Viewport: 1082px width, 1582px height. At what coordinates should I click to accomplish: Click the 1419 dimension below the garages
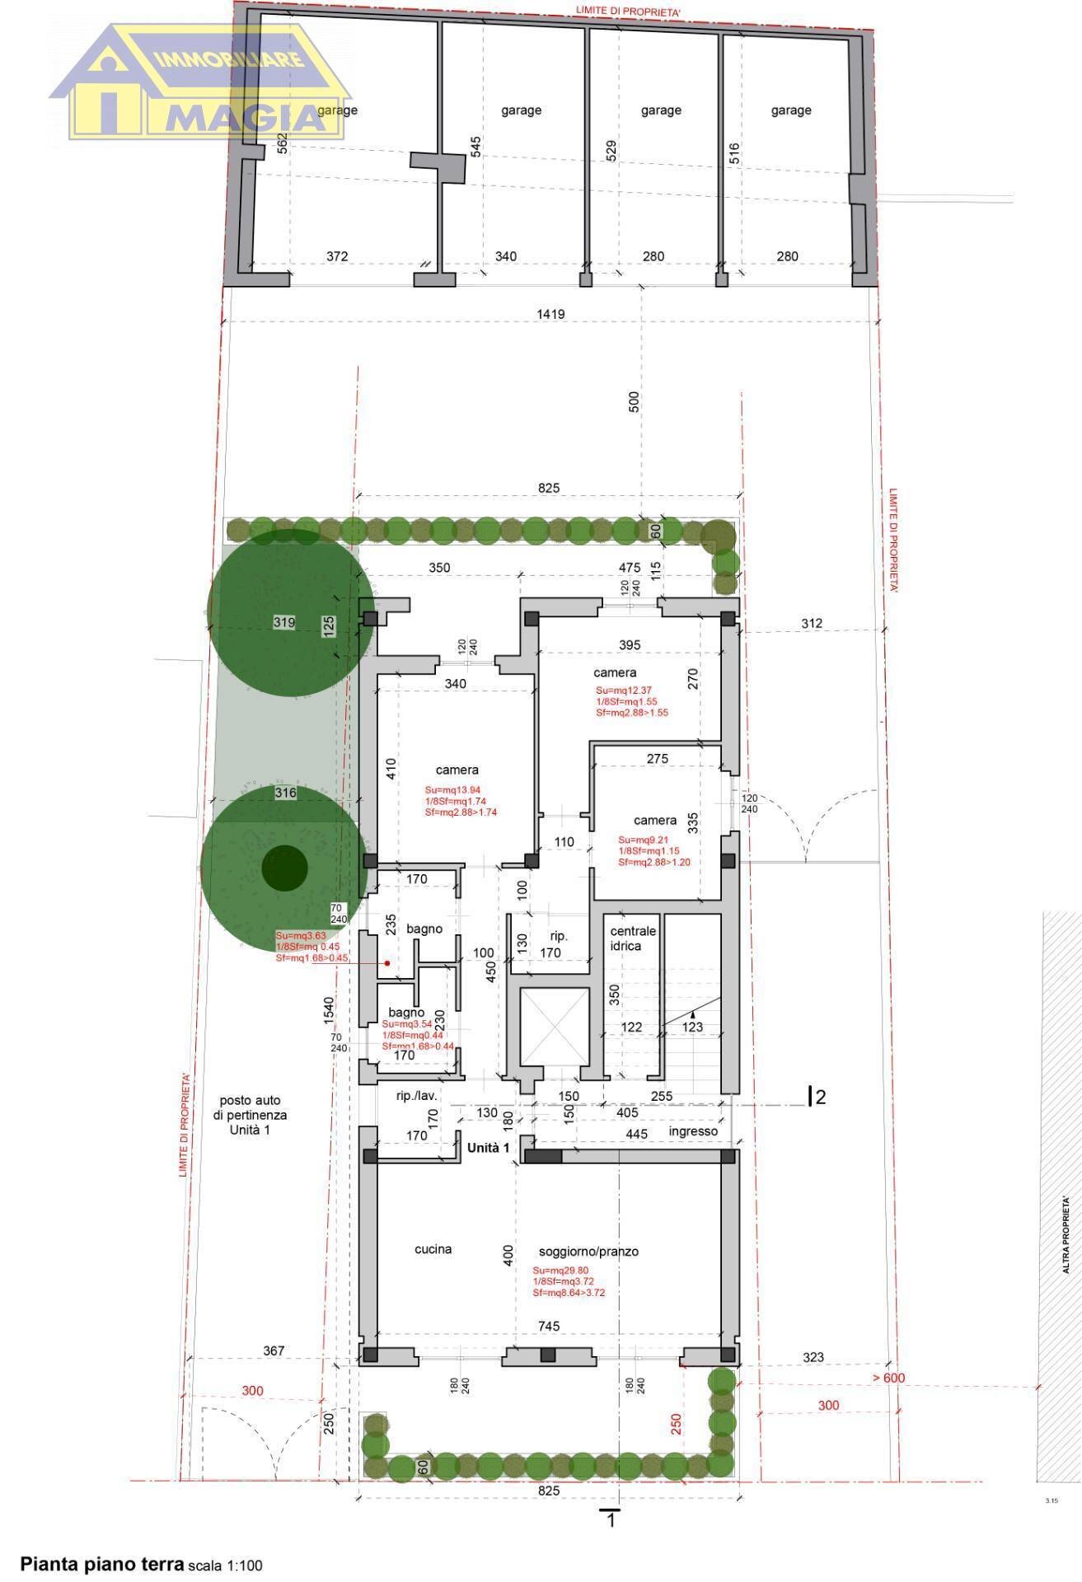[550, 314]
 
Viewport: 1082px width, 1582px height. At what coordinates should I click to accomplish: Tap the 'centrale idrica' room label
[633, 938]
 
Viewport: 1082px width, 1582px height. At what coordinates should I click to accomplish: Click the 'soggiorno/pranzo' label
[588, 1252]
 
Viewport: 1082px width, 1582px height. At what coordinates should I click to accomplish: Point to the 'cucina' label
[433, 1249]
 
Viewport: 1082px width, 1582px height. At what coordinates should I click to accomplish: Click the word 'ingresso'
[693, 1131]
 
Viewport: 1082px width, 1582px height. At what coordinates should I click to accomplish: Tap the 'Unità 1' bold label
[489, 1148]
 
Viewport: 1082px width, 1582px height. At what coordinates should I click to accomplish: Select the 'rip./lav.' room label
[416, 1096]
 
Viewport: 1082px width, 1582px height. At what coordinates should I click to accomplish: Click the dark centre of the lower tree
[285, 868]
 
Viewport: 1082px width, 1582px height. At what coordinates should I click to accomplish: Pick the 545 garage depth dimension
[475, 147]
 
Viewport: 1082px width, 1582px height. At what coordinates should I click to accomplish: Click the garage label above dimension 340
[521, 110]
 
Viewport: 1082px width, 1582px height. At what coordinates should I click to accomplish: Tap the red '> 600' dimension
[888, 1378]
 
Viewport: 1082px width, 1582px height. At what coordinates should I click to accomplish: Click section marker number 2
[820, 1097]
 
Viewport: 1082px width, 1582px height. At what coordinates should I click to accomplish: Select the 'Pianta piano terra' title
[102, 1564]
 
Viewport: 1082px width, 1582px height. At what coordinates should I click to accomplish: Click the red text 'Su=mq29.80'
[560, 1271]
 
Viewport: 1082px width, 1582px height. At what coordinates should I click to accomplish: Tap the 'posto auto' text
[250, 1100]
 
